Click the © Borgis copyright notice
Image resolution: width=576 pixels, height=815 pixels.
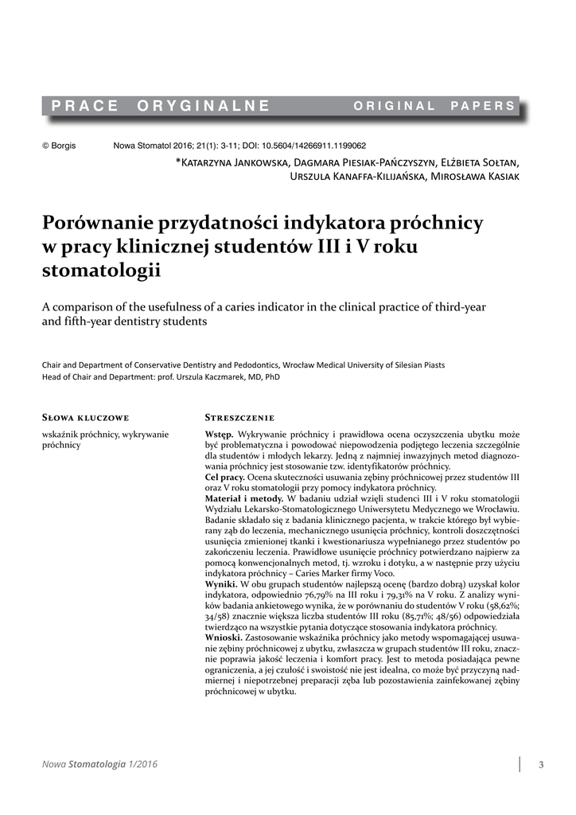[58, 146]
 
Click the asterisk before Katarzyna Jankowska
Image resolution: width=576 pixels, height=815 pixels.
[177, 162]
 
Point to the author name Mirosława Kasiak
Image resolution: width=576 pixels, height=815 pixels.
[475, 176]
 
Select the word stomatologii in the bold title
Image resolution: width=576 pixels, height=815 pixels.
[100, 271]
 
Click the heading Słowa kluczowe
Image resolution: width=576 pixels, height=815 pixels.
[84, 417]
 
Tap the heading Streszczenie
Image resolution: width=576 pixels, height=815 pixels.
[239, 417]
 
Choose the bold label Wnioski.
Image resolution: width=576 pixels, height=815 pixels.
[224, 639]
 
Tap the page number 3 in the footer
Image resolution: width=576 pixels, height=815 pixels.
[541, 766]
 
